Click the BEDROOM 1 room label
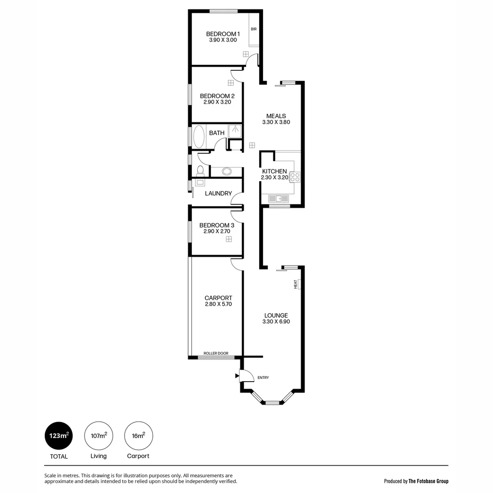tap(223, 34)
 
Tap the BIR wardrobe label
tap(254, 29)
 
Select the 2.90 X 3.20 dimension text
tap(217, 102)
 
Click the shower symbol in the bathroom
tap(235, 131)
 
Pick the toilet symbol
tap(200, 171)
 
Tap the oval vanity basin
tap(226, 172)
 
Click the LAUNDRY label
tap(218, 194)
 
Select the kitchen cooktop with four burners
tap(294, 177)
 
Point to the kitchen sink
tap(278, 199)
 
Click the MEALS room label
tap(276, 116)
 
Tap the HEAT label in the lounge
tap(296, 284)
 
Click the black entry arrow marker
tap(236, 376)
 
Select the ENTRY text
tap(263, 378)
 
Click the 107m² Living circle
tap(99, 435)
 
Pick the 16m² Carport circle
tap(138, 435)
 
